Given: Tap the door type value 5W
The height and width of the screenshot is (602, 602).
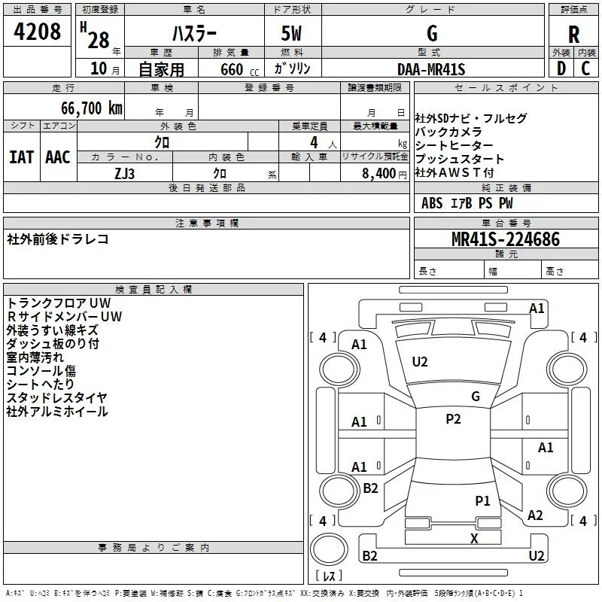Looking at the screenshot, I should [291, 34].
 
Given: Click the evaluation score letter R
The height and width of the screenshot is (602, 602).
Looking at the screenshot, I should [573, 34].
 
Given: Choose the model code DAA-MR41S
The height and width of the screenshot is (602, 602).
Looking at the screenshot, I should [431, 69].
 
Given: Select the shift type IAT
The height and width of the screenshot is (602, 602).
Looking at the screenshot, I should [21, 157].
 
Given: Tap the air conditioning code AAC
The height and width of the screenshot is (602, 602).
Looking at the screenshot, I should [57, 157].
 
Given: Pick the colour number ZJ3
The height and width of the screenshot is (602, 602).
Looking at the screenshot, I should [125, 172].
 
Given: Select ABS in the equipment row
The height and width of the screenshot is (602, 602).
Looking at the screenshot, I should [432, 203].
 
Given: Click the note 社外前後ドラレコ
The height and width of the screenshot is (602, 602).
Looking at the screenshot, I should [58, 239].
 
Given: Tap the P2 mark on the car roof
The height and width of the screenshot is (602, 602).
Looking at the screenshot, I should [453, 420].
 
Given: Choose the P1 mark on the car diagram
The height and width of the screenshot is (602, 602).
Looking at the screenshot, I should [482, 500].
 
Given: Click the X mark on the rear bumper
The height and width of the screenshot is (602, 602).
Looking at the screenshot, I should [474, 538].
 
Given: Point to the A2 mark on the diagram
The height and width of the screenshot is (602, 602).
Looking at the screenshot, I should [535, 515].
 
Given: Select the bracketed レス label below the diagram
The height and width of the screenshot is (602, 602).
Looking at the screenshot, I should [328, 577].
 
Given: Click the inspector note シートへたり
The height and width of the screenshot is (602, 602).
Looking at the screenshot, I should [41, 385].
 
